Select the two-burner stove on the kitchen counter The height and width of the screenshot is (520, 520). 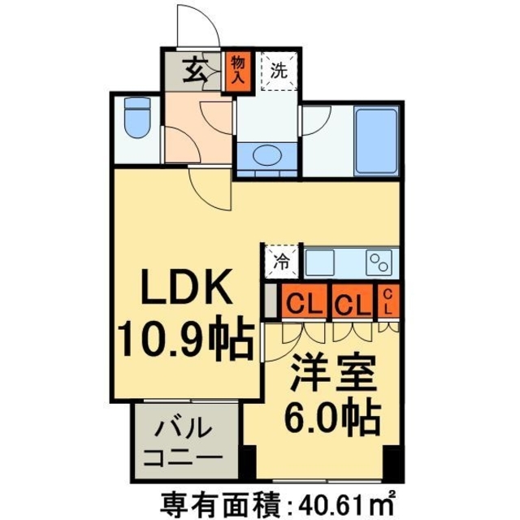point(379,262)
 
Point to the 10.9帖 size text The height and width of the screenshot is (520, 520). point(185,340)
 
